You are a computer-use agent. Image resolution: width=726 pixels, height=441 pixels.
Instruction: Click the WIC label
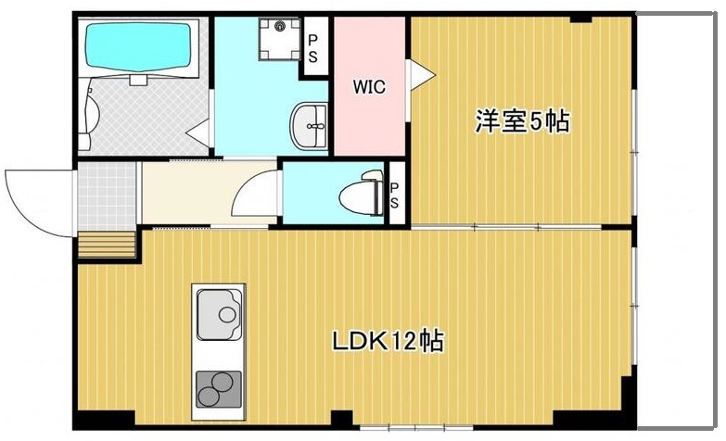click(x=367, y=88)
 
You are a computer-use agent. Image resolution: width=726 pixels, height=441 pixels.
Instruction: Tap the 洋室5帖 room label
click(x=522, y=121)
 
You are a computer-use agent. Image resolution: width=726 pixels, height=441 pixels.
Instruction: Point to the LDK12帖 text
click(x=388, y=341)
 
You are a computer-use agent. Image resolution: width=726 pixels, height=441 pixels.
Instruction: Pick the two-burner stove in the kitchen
click(x=218, y=387)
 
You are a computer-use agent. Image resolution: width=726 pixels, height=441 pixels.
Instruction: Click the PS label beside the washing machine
click(x=313, y=48)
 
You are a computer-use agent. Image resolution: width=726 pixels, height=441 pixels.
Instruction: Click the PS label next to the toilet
click(x=394, y=195)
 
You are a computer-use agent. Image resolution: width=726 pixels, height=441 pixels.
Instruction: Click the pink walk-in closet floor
click(x=369, y=125)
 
